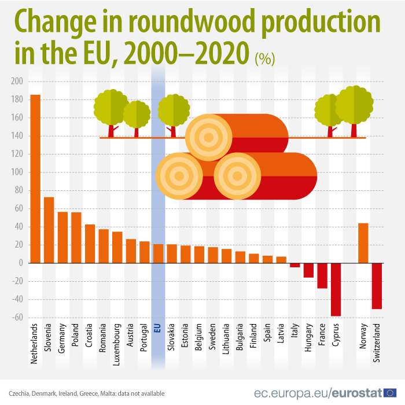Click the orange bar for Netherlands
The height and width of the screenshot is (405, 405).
tap(35, 179)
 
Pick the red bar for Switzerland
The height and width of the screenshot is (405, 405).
tap(377, 286)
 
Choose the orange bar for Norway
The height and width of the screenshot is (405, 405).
tap(363, 243)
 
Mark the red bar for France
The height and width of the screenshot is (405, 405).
tap(322, 275)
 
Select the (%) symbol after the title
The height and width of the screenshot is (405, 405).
tap(265, 58)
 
